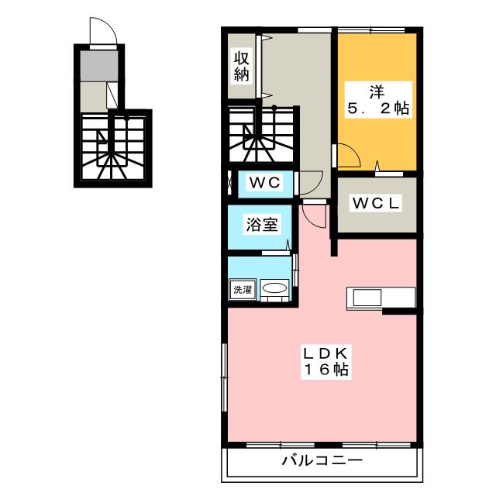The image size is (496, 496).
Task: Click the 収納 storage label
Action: (x=241, y=66)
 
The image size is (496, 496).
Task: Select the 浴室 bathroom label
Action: (x=258, y=225)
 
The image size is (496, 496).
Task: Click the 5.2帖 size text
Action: (x=378, y=108)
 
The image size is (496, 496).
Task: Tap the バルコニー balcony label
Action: (x=322, y=461)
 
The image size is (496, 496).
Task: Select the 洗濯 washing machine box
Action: (x=243, y=290)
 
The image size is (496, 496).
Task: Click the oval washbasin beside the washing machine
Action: (x=274, y=289)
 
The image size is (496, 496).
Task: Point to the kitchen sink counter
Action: (x=381, y=298)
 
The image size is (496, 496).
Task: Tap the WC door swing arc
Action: (x=312, y=183)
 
